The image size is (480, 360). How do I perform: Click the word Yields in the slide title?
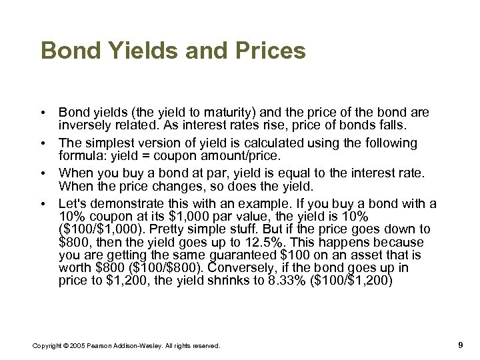(x=127, y=51)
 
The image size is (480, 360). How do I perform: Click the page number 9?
(x=461, y=344)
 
